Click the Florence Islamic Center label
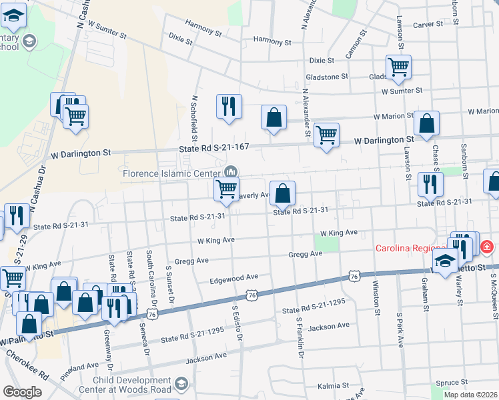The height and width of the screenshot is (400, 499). point(172,173)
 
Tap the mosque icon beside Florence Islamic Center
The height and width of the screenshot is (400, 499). point(231,172)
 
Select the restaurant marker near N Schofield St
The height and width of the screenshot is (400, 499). point(228,107)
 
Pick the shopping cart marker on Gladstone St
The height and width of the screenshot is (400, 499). point(398,67)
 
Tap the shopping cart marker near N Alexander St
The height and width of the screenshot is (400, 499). point(326,135)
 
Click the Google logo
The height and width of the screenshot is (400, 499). point(22,392)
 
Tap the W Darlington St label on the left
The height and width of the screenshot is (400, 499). point(80,153)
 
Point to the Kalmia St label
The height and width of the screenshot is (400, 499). point(333,385)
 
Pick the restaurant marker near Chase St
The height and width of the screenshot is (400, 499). point(430,183)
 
